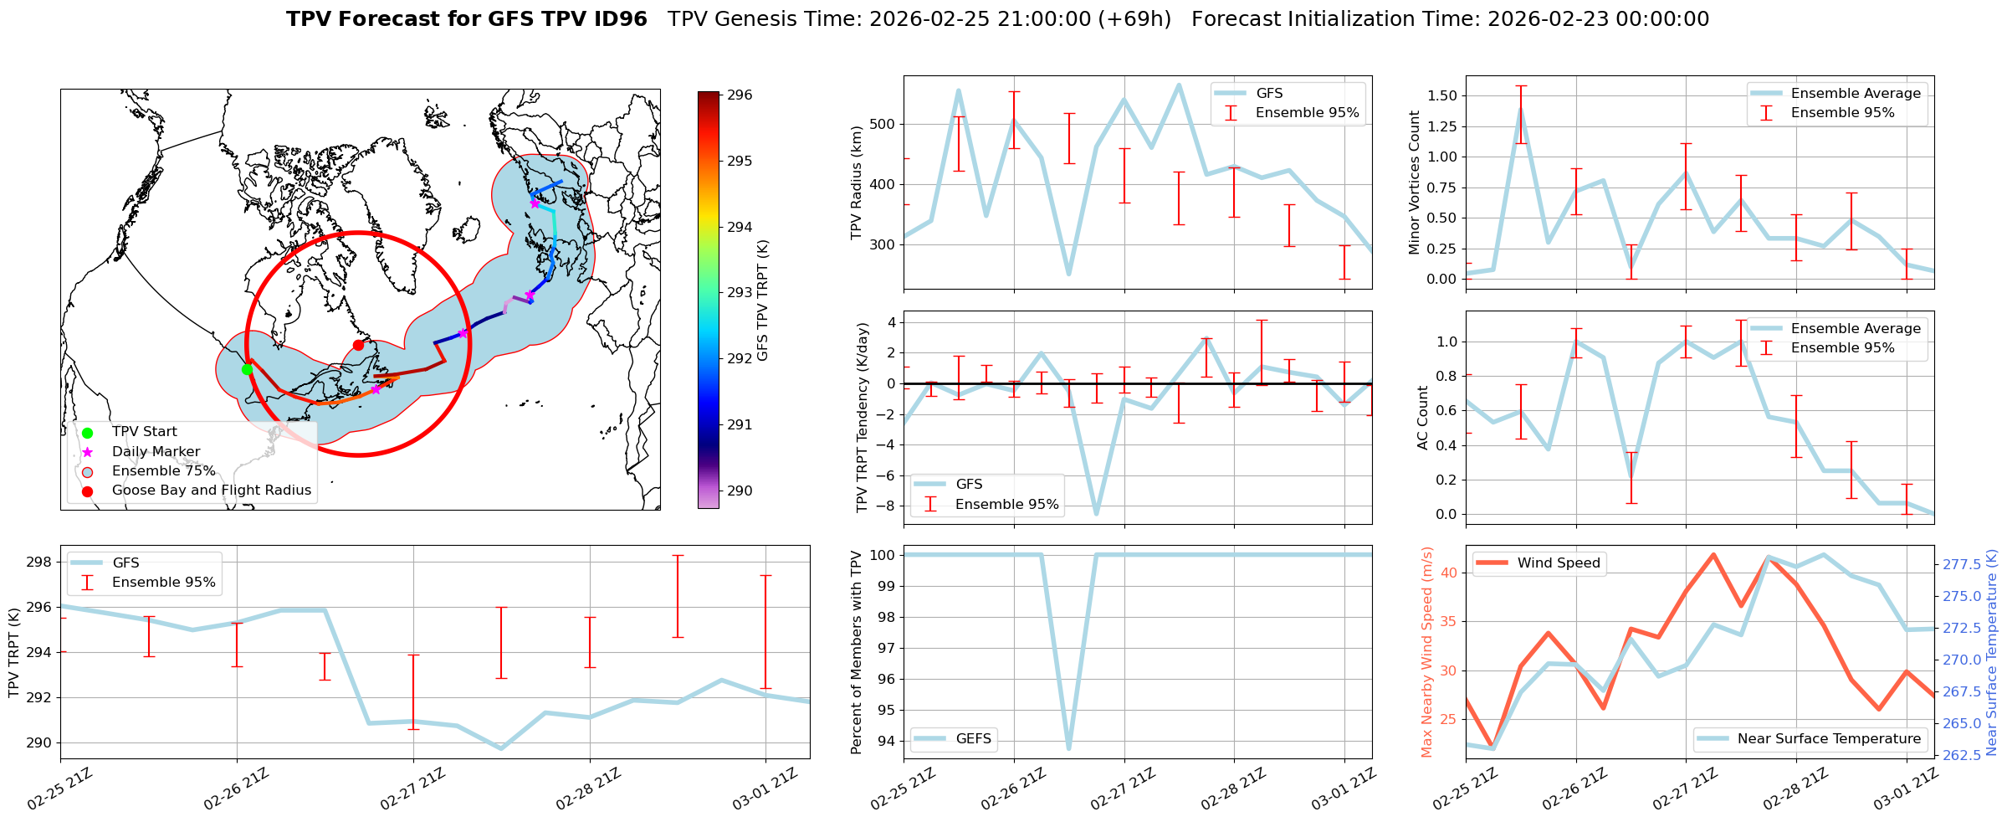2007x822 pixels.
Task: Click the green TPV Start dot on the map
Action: pyautogui.click(x=247, y=369)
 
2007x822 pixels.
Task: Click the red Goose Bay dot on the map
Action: pyautogui.click(x=358, y=345)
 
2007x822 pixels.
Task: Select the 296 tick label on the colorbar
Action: pyautogui.click(x=740, y=95)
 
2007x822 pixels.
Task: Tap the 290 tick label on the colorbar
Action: pyautogui.click(x=740, y=491)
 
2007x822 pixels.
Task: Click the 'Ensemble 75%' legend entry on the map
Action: pyautogui.click(x=163, y=471)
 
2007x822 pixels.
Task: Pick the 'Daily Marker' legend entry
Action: pyautogui.click(x=156, y=452)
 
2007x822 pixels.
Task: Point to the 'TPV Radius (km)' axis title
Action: pyautogui.click(x=856, y=182)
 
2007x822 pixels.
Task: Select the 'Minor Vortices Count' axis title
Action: pyautogui.click(x=1414, y=182)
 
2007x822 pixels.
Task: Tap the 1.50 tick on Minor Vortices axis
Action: pyautogui.click(x=1441, y=96)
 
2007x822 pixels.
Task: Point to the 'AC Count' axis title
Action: pyautogui.click(x=1422, y=418)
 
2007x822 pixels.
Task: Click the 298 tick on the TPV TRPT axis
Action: pyautogui.click(x=39, y=562)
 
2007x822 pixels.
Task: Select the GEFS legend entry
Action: pyautogui.click(x=973, y=739)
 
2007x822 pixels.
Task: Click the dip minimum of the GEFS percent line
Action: pyautogui.click(x=1068, y=748)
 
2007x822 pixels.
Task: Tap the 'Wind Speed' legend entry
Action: pyautogui.click(x=1559, y=563)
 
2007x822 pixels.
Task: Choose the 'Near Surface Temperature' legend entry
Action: pyautogui.click(x=1829, y=739)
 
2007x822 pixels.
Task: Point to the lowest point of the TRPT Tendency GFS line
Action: pyautogui.click(x=1096, y=514)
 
